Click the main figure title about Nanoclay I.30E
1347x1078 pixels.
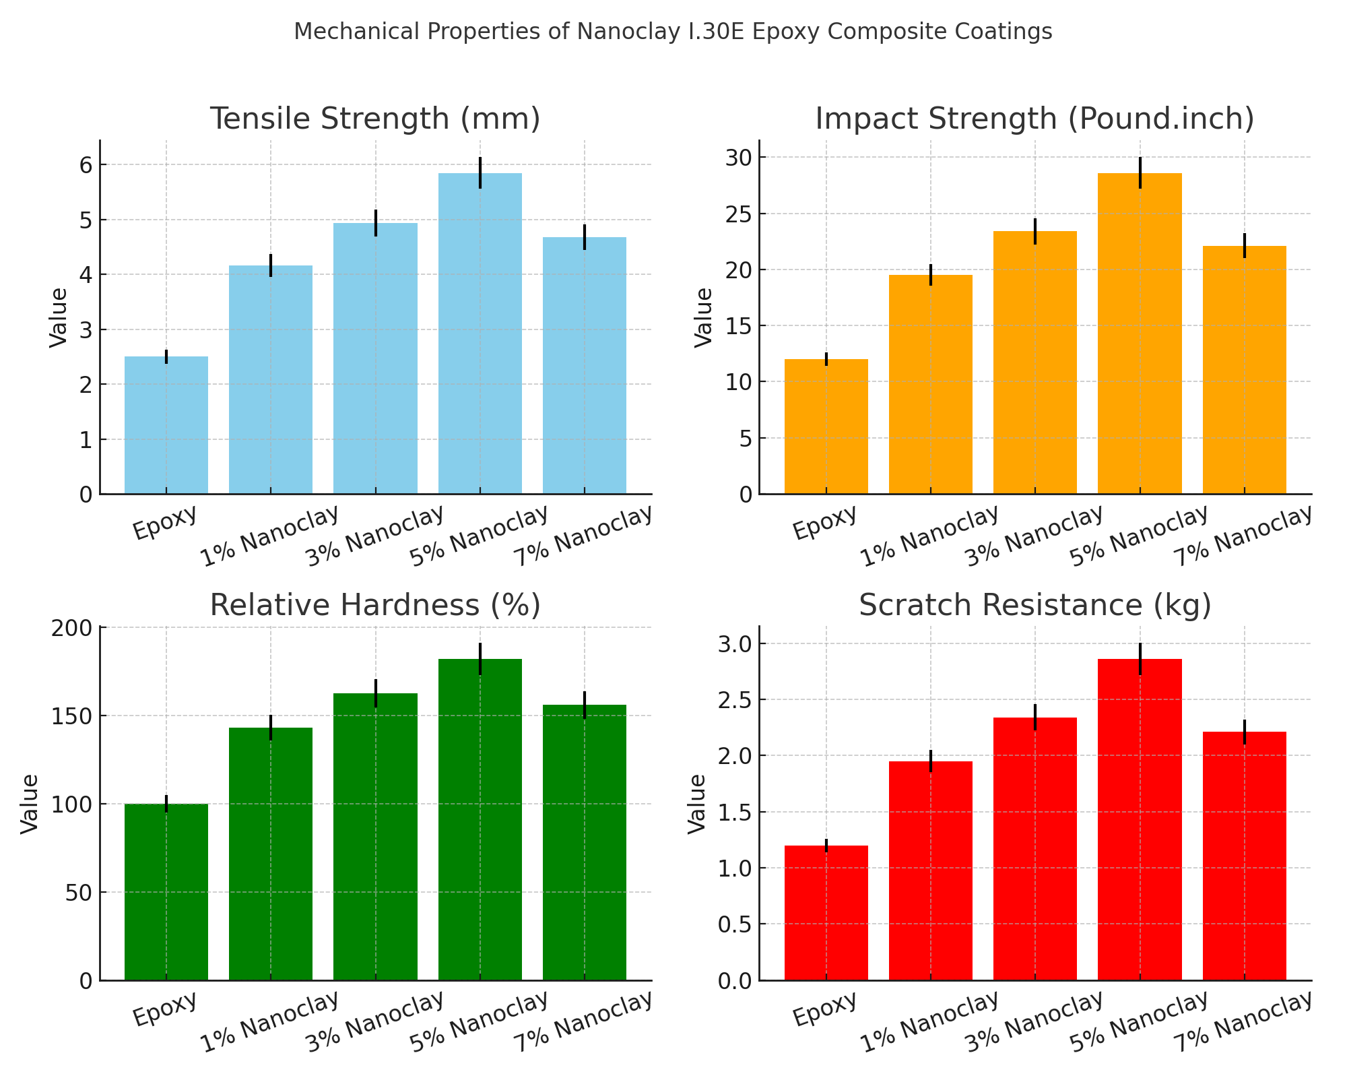coord(673,32)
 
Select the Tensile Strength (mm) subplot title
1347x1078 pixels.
coord(375,119)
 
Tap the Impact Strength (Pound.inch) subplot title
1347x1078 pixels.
coord(1034,119)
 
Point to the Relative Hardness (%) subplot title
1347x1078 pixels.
coord(375,605)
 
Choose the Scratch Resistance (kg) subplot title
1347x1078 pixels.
coord(1034,605)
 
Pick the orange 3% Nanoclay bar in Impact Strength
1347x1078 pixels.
coord(1035,364)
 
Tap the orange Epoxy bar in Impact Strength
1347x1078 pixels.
coord(826,427)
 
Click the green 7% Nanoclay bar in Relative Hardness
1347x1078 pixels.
coord(585,842)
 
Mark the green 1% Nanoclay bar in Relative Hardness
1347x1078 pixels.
coord(271,854)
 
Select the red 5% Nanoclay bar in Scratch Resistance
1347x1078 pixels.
coord(1140,819)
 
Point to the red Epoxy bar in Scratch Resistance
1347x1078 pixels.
coord(826,913)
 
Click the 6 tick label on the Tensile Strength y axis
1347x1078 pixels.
coord(86,165)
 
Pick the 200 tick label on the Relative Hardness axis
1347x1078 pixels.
coord(73,628)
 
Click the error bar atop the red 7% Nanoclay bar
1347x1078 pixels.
coord(1245,732)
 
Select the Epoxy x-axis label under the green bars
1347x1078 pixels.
coord(166,1008)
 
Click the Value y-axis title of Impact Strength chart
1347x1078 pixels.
coord(704,317)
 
